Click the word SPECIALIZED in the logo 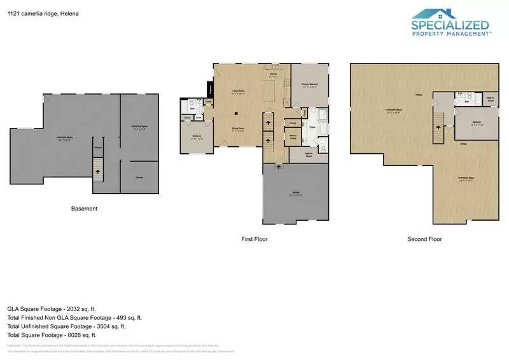coord(450,26)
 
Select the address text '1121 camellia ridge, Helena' coord(39,13)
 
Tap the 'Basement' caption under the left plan coord(84,209)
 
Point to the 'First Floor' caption coord(254,239)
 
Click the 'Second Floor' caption coord(424,239)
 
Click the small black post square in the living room coord(236,113)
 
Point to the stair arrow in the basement coord(97,170)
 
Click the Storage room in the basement coord(139,177)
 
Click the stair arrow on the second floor coord(438,125)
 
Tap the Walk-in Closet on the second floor coord(491,100)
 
